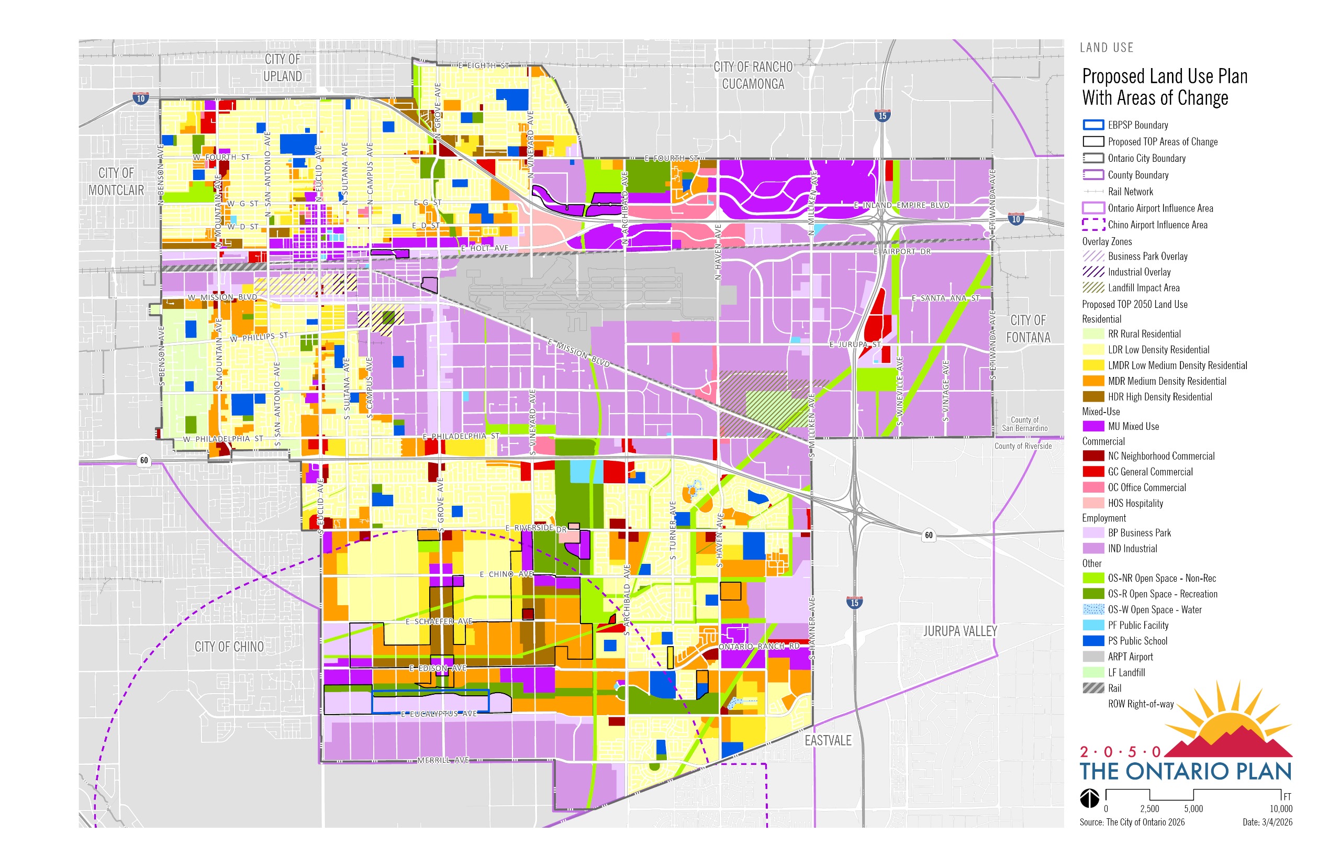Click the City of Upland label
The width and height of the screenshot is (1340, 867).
(x=282, y=68)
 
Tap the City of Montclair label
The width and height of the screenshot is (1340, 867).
(x=116, y=181)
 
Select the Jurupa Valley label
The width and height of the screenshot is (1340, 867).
(x=959, y=631)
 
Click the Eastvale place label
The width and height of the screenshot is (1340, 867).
(x=828, y=740)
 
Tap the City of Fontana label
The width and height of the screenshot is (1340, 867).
(x=1028, y=329)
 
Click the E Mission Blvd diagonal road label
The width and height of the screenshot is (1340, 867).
(x=578, y=353)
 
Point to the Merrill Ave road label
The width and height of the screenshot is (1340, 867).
(x=442, y=760)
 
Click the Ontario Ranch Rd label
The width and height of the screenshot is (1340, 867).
(x=758, y=646)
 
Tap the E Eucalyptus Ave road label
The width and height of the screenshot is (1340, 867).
(x=439, y=714)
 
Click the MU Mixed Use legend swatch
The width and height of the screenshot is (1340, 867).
(x=1092, y=426)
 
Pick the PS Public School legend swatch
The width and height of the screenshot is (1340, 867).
(x=1092, y=641)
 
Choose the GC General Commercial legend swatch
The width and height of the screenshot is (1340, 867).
(x=1092, y=471)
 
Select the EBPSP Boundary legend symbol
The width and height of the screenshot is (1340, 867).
(x=1092, y=125)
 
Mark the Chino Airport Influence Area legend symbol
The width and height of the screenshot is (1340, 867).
(x=1092, y=225)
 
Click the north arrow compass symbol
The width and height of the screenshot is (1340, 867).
(x=1089, y=798)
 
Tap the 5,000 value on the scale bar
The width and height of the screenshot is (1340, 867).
(x=1192, y=809)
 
